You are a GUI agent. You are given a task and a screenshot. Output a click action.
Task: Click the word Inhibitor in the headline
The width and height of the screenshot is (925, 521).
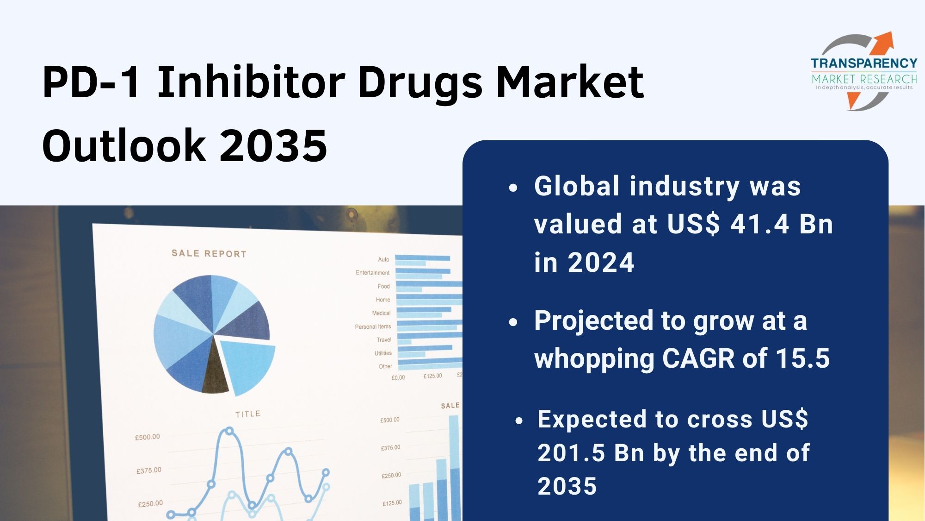point(251,82)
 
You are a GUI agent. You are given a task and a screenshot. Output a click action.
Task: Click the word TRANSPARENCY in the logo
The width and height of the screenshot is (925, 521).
point(864,63)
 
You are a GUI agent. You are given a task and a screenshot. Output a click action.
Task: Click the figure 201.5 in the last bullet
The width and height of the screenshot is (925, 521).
point(571,453)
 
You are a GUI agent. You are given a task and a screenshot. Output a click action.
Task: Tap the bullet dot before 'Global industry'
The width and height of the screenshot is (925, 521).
point(513,188)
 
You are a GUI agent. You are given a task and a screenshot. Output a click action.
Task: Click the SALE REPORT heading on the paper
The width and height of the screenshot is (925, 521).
point(209,253)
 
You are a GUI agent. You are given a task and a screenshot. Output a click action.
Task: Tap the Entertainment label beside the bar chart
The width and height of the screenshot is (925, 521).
point(372,272)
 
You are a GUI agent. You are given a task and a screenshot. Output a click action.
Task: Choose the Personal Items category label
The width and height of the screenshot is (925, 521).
point(373,326)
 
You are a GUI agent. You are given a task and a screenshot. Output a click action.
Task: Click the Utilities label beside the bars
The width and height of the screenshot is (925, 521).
point(383,353)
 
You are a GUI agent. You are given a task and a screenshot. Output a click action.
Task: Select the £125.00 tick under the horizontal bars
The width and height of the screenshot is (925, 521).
point(433,376)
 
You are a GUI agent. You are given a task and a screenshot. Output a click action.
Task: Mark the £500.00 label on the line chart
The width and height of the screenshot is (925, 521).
point(148,437)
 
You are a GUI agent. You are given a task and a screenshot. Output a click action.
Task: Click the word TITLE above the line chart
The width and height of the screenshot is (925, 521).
point(248,414)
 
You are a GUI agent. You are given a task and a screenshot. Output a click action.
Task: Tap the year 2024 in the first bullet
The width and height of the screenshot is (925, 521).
point(601,263)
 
